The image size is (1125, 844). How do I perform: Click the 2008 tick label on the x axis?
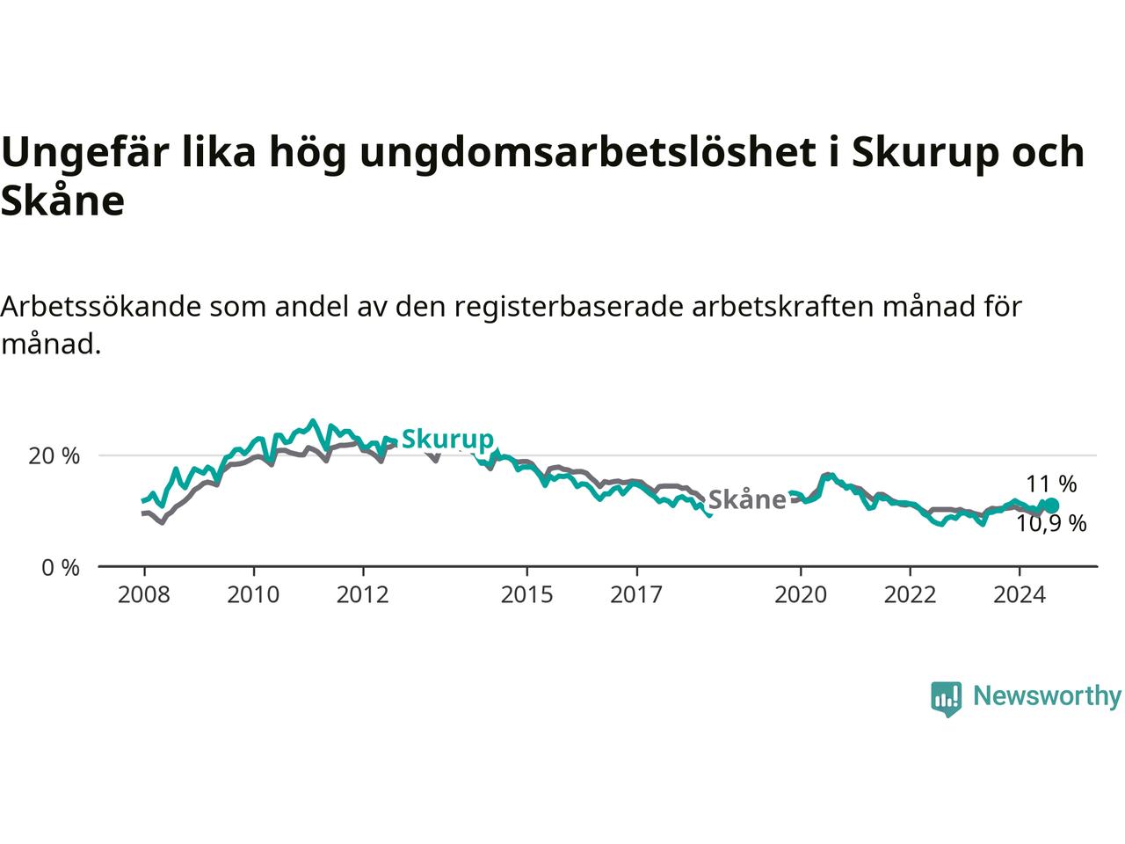coord(144,595)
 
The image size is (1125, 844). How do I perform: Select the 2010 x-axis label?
coord(253,595)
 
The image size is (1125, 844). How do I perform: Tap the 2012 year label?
coord(362,595)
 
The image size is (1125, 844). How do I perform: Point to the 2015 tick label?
coord(527,595)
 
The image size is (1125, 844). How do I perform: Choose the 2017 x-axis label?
coord(636,595)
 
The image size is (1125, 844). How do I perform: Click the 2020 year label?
coord(801,595)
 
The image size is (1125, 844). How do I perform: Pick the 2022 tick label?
coord(910,595)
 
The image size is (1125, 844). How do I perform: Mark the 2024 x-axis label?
coord(1019,595)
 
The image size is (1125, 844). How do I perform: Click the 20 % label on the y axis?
coord(54,456)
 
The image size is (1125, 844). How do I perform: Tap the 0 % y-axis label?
coord(61,568)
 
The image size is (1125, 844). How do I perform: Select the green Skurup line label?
coord(447,439)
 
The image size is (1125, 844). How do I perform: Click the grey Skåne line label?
coord(746,499)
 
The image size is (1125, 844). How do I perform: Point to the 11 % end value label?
coord(1051,484)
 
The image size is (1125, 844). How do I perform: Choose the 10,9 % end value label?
coord(1052,524)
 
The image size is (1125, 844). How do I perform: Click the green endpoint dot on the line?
coord(1051,506)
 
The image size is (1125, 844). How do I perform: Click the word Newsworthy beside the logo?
coord(1047,696)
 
